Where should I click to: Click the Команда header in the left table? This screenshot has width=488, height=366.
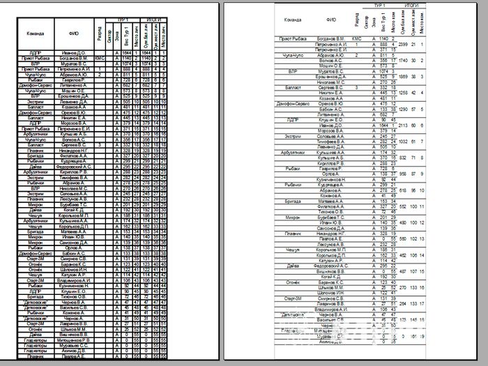[36, 33]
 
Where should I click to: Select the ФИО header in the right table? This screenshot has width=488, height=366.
[331, 20]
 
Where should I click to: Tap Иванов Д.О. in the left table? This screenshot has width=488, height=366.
[73, 52]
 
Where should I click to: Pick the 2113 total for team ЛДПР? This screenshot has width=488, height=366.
[403, 125]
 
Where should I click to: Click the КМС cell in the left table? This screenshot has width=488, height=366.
[99, 58]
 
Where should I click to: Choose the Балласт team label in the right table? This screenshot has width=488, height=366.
[293, 87]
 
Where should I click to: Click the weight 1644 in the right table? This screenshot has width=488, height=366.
[383, 125]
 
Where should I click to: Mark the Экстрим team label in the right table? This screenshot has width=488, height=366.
[293, 136]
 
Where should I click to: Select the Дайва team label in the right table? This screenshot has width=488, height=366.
[293, 266]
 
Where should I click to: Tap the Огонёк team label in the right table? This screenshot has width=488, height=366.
[293, 282]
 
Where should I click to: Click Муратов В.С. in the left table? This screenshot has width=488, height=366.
[73, 63]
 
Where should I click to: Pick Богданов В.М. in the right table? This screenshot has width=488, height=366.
[331, 38]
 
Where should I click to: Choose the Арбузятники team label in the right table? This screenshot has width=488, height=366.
[293, 152]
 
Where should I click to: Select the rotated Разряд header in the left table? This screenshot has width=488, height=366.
[100, 33]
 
